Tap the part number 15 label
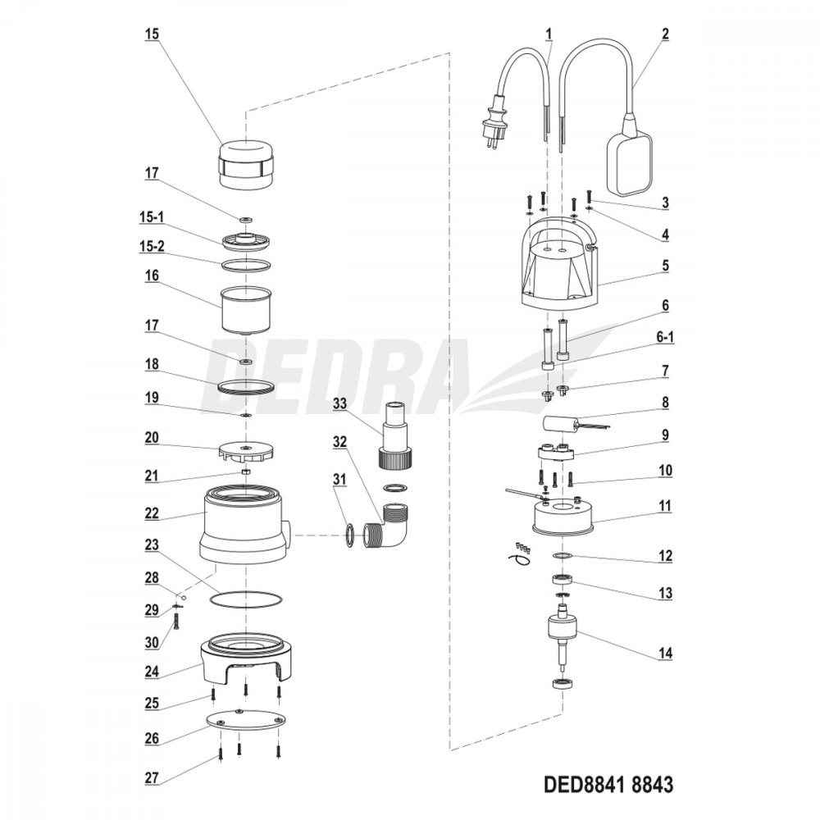(152, 34)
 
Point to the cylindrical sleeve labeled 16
(246, 308)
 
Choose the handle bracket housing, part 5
(559, 266)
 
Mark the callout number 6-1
(665, 337)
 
